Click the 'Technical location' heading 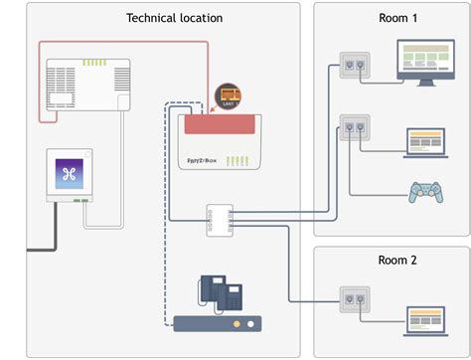(174, 18)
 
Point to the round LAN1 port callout (230, 95)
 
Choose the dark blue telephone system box (217, 323)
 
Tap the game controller (425, 191)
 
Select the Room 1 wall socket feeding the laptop (353, 127)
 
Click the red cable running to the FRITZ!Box (119, 42)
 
